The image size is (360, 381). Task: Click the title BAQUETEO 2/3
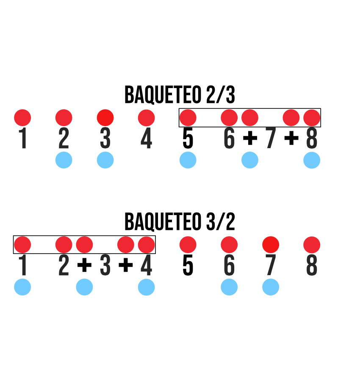click(180, 95)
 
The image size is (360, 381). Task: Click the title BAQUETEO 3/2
click(180, 222)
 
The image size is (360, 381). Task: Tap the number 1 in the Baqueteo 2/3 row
click(23, 139)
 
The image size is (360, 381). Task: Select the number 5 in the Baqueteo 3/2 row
click(188, 266)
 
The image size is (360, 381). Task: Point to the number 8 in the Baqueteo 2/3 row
click(312, 139)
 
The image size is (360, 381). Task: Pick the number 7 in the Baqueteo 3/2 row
click(271, 266)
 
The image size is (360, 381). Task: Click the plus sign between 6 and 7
click(250, 138)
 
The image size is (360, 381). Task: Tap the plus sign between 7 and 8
click(291, 138)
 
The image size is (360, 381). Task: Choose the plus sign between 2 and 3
click(84, 265)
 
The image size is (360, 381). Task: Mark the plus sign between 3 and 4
click(125, 265)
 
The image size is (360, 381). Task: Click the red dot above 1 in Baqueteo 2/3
click(22, 117)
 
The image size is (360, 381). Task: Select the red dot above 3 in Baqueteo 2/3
click(105, 117)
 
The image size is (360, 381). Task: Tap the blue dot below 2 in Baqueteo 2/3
click(64, 160)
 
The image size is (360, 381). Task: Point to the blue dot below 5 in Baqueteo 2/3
click(188, 160)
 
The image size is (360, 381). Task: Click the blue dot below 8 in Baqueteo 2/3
click(312, 160)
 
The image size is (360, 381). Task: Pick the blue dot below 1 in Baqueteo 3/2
click(22, 287)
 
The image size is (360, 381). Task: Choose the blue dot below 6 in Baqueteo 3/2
click(229, 287)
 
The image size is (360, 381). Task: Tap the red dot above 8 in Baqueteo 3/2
click(312, 245)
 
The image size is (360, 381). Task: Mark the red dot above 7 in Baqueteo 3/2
click(271, 245)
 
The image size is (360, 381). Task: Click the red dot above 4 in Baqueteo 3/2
click(146, 245)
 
